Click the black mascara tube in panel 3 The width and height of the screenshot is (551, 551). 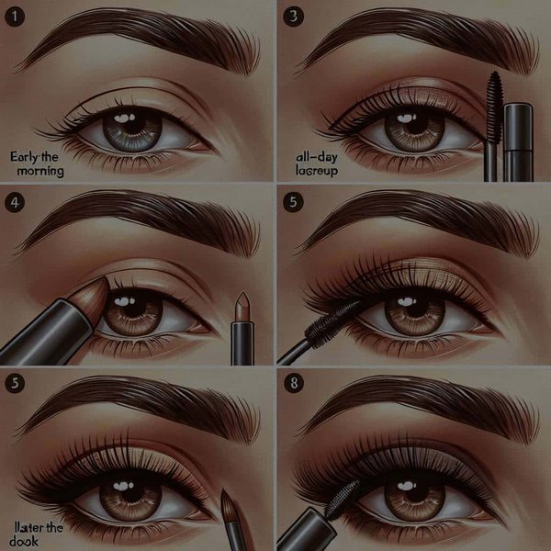(x=518, y=142)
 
